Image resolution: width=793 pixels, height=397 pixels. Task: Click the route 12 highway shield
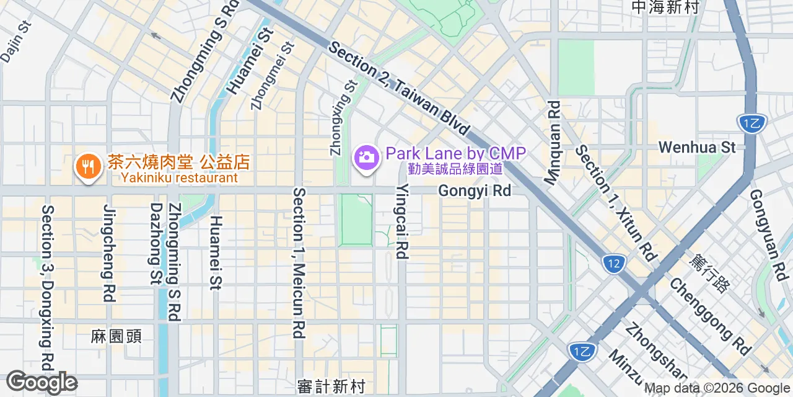click(613, 264)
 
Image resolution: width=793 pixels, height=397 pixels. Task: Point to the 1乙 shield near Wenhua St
click(752, 123)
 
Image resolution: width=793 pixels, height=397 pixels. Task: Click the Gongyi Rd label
click(475, 191)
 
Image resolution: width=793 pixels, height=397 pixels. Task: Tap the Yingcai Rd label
click(403, 221)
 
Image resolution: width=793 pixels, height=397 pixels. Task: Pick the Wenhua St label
click(697, 148)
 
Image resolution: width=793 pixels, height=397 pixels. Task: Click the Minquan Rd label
click(551, 143)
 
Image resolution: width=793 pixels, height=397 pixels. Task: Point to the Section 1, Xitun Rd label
click(615, 203)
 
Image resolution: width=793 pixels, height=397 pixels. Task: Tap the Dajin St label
click(15, 42)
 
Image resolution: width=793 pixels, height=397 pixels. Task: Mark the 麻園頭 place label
click(116, 336)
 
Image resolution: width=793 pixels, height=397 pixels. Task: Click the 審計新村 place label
click(331, 386)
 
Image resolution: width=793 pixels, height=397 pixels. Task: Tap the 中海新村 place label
click(665, 7)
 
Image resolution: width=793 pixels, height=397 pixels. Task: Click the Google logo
click(42, 383)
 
